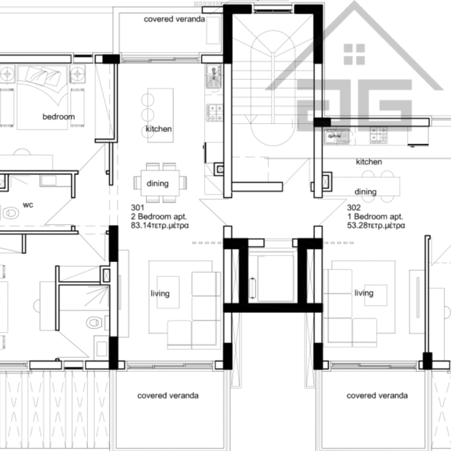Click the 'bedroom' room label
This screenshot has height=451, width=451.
(x=58, y=117)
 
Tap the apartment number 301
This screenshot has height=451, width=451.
(x=137, y=208)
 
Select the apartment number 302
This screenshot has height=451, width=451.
(x=353, y=208)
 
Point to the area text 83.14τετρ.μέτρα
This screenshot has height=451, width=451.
(x=160, y=226)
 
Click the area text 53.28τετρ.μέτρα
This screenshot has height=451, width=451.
(x=376, y=226)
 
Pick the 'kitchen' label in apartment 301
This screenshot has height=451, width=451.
(x=158, y=129)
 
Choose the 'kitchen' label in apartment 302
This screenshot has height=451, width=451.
(x=369, y=162)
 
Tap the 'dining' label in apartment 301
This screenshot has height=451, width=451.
(x=158, y=183)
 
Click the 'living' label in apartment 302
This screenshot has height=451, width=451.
(x=364, y=293)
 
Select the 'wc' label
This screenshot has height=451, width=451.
(x=28, y=205)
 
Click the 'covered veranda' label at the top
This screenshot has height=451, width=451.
(x=174, y=19)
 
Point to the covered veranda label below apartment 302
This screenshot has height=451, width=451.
(x=377, y=395)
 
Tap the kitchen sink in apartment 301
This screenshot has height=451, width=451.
(x=214, y=76)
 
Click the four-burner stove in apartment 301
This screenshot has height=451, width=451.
(x=215, y=113)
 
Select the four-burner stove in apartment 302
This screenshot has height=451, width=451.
(x=378, y=135)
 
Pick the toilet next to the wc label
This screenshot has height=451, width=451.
(x=11, y=213)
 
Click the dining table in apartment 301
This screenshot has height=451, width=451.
(x=160, y=183)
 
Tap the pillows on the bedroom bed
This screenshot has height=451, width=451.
(x=43, y=76)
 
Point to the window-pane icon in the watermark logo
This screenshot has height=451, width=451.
(x=354, y=54)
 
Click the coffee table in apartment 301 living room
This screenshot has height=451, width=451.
(x=168, y=292)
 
